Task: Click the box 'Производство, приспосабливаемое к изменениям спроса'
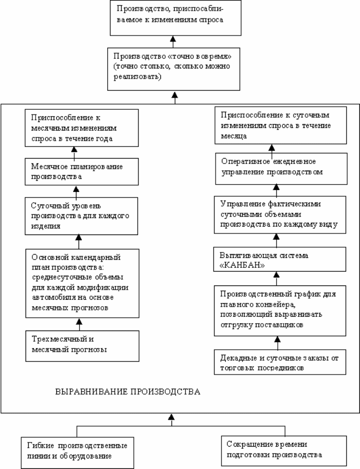coord(175,18)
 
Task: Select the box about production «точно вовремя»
coord(174,69)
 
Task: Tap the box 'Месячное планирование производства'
coord(82,172)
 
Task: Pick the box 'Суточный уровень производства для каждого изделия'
coord(81,216)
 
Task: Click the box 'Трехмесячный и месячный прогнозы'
coord(82,346)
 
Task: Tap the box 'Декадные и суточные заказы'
coord(280,362)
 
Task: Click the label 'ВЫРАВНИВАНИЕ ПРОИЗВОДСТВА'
coord(128,392)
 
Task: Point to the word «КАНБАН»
coord(242,266)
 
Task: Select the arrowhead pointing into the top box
coord(173,39)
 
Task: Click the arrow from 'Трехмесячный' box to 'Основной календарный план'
coord(79,324)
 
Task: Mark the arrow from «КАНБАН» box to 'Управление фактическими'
coord(277,240)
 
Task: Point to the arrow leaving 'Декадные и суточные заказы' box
coord(277,343)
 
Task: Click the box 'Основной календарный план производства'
coord(82,283)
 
